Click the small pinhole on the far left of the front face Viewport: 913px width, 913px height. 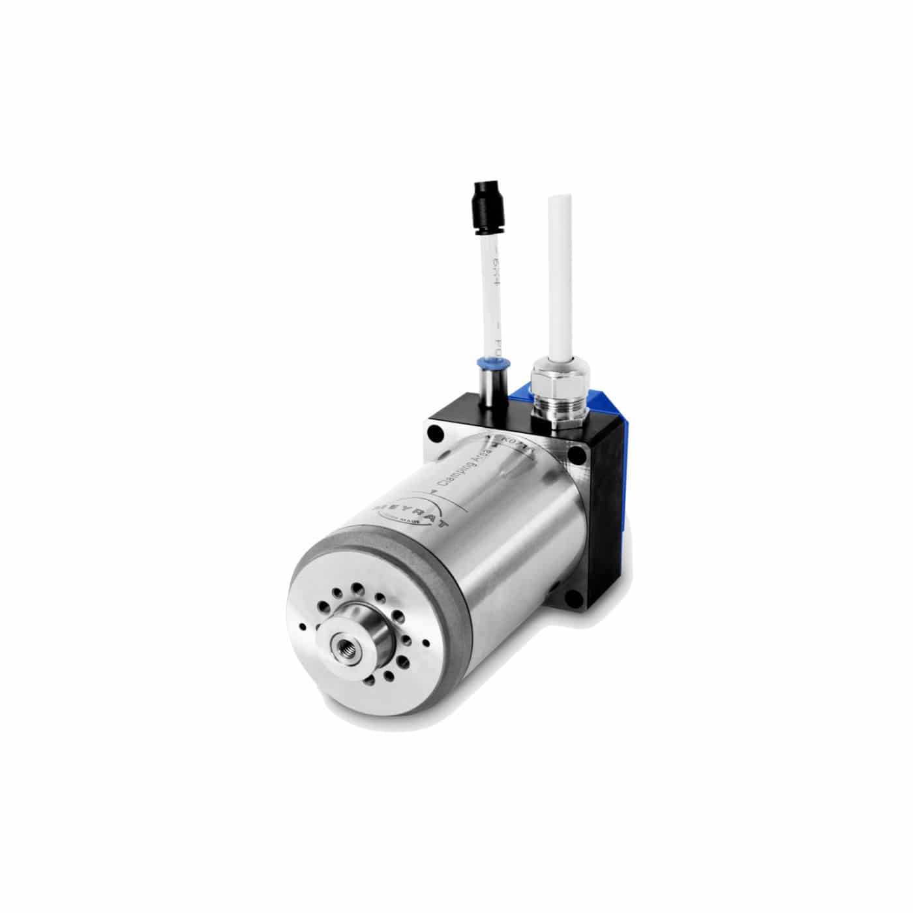click(x=301, y=626)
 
